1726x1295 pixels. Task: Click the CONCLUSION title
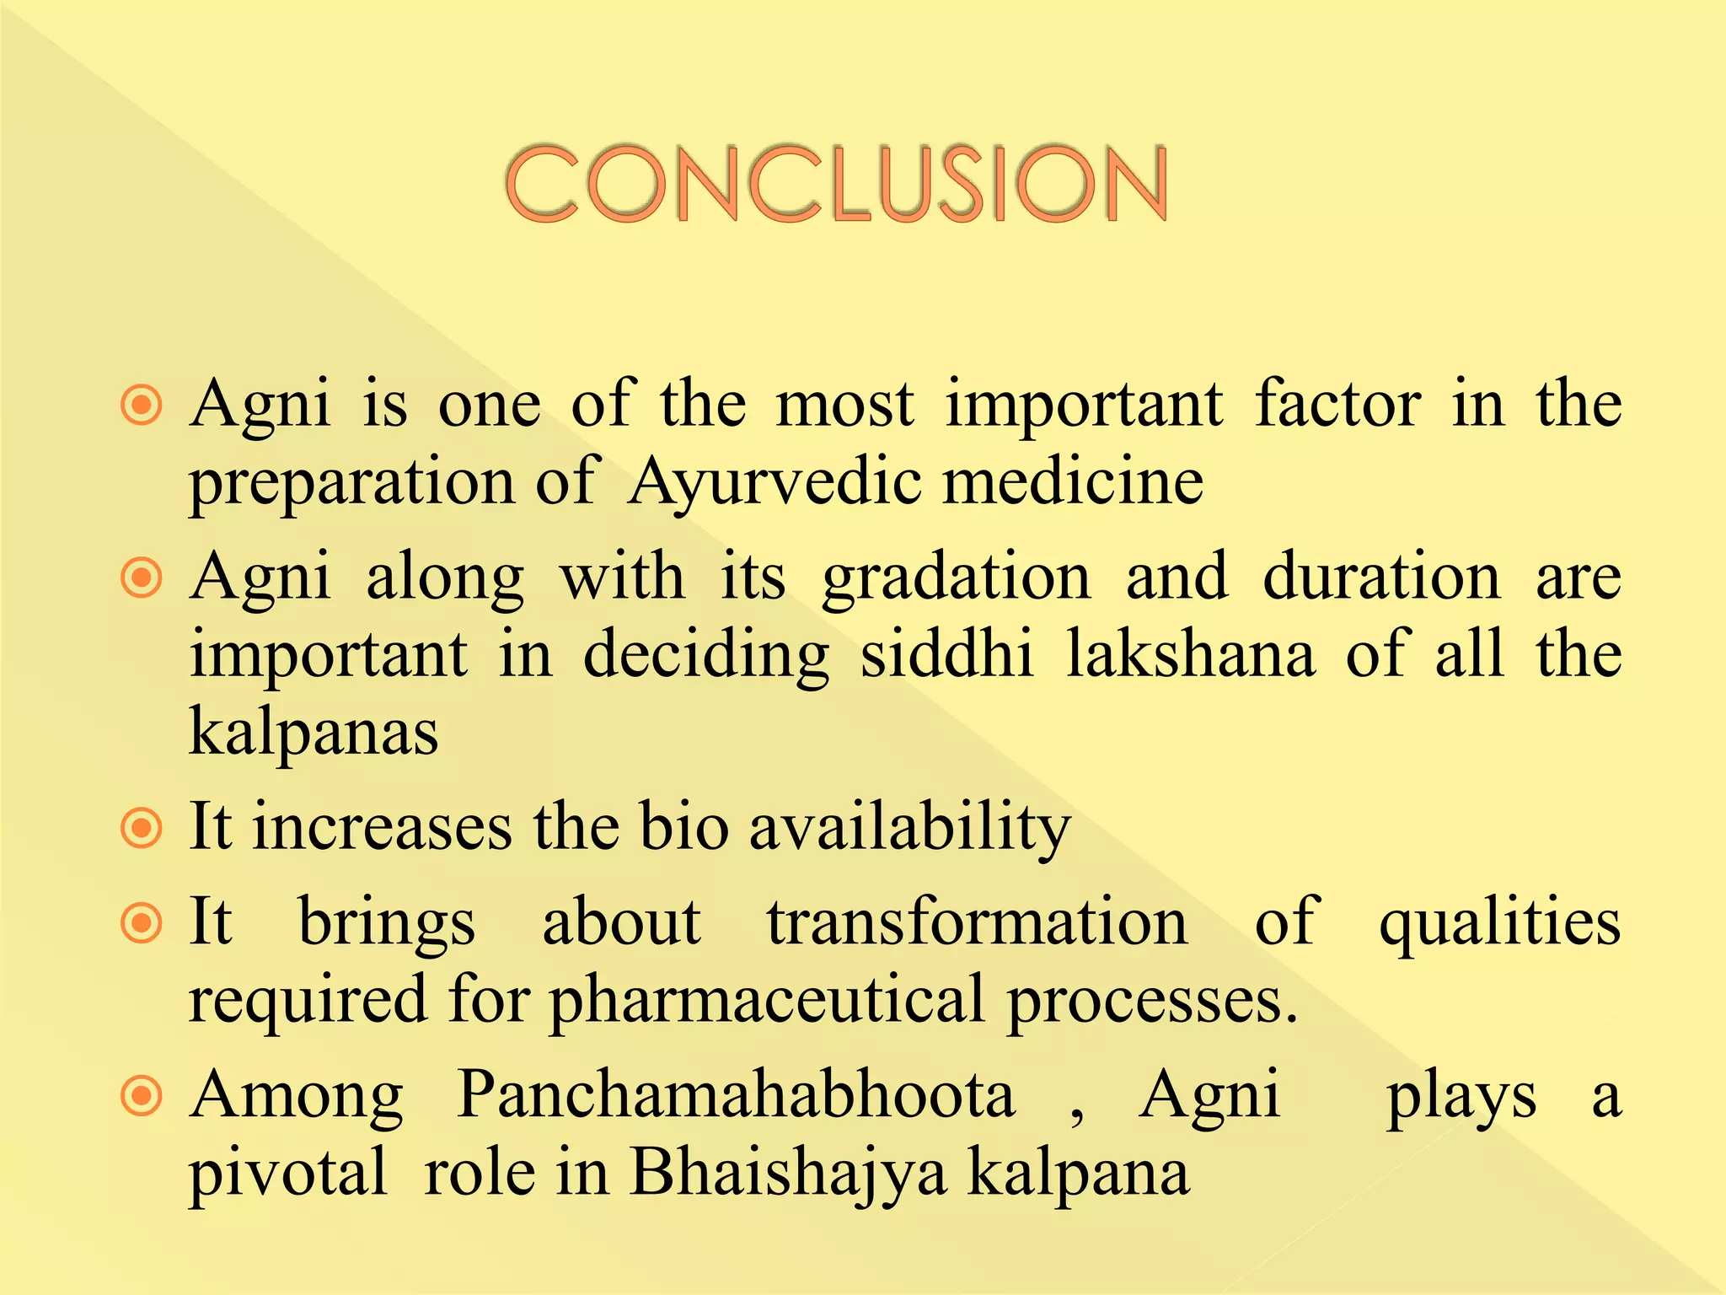[836, 183]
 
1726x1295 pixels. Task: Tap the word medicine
[1073, 483]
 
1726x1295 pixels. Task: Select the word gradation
[957, 579]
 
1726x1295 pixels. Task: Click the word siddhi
[946, 654]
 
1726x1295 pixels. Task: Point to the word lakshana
[1190, 654]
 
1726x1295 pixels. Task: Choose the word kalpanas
[314, 731]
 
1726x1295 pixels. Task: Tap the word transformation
[977, 922]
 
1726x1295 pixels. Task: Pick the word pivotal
[287, 1174]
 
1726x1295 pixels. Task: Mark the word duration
[1381, 578]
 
